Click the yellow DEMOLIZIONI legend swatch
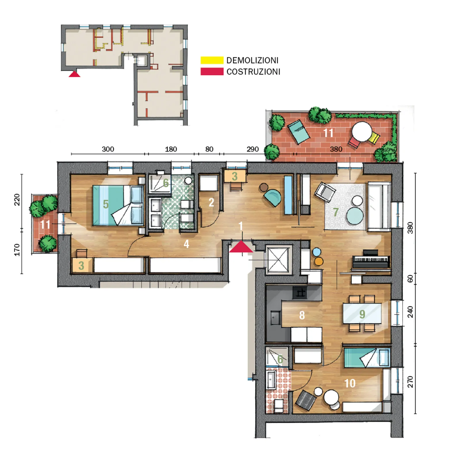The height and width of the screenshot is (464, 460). coord(212,60)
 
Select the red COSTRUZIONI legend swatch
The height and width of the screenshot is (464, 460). coord(212,72)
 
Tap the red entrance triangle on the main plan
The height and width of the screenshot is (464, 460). coord(241,247)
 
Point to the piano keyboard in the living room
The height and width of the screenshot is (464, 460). coord(371,260)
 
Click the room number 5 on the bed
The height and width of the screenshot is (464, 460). coord(106,204)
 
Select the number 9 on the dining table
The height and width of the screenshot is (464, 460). coord(362,314)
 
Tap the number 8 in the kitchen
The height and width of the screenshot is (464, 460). coord(302,315)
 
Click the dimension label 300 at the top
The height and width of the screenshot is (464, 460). coord(108,149)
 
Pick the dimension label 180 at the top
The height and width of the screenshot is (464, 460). coord(171,149)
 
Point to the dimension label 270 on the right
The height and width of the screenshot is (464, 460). coord(410,382)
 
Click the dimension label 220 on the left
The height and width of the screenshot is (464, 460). coord(17,200)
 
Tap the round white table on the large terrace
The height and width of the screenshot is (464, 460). coord(362,131)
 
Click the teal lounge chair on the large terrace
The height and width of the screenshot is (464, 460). coord(299,132)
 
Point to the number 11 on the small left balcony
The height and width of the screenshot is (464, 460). coord(45,225)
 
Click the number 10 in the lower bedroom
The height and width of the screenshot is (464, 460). coord(350,383)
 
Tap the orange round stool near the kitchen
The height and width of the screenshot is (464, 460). coord(319,261)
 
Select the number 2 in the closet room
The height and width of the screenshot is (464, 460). coord(211,203)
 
